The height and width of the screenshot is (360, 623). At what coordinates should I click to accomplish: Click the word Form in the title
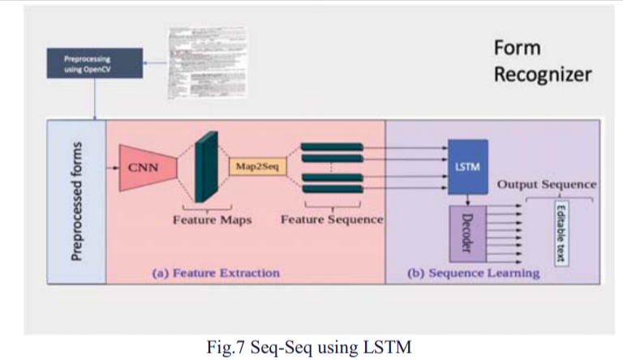click(x=517, y=48)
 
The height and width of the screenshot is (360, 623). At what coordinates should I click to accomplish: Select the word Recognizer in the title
click(x=542, y=75)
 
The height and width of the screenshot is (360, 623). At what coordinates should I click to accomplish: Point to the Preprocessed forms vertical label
click(x=78, y=202)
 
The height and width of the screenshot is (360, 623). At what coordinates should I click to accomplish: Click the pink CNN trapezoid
click(x=145, y=169)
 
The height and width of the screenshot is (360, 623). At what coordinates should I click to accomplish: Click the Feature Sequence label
click(x=332, y=219)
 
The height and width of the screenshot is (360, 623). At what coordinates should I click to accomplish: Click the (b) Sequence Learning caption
click(x=473, y=272)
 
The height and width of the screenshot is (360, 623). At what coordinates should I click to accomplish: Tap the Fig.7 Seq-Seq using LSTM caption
click(x=310, y=348)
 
